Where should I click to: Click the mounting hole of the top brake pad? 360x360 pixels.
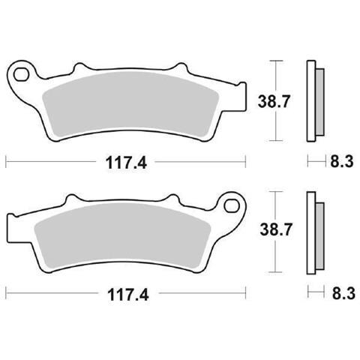pyautogui.click(x=21, y=75)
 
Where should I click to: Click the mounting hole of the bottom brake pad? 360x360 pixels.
pyautogui.click(x=231, y=206)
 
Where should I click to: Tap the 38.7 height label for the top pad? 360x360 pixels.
pyautogui.click(x=274, y=101)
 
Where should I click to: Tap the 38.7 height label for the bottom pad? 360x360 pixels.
pyautogui.click(x=275, y=229)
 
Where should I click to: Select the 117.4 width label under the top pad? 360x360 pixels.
pyautogui.click(x=126, y=163)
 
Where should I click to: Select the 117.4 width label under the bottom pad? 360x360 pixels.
pyautogui.click(x=128, y=295)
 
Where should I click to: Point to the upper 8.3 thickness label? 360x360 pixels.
pyautogui.click(x=342, y=161)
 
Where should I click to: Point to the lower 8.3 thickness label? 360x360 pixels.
pyautogui.click(x=343, y=293)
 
